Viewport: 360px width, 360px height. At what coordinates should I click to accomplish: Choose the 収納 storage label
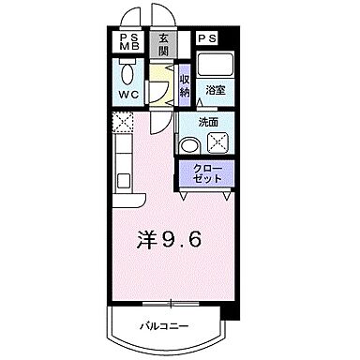point(185,85)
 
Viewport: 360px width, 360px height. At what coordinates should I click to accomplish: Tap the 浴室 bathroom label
point(215,91)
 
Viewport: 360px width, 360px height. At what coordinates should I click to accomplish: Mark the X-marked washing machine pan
point(218,142)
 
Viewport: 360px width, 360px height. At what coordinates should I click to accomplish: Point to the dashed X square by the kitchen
point(123,122)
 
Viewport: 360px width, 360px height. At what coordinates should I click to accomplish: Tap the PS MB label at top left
point(130,42)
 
